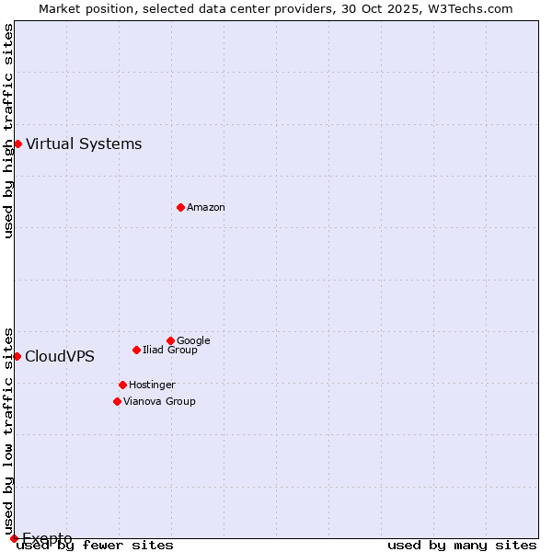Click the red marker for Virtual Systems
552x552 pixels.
[17, 144]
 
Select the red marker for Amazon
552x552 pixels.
[180, 207]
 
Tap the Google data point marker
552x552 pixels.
[170, 340]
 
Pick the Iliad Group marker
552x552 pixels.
[136, 350]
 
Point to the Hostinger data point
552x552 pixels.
[122, 385]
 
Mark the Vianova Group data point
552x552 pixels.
[117, 401]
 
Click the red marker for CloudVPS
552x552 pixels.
[17, 356]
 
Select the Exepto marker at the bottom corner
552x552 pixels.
[14, 538]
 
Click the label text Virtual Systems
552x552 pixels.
[84, 144]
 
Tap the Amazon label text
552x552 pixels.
[206, 207]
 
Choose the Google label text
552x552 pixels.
[193, 340]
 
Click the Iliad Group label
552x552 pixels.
[170, 350]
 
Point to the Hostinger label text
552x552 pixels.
[152, 385]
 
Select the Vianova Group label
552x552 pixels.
[159, 401]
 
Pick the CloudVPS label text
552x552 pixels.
[60, 356]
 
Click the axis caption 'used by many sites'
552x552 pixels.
[462, 546]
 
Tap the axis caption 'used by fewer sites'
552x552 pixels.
[96, 546]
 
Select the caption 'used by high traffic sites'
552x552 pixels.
[8, 132]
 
